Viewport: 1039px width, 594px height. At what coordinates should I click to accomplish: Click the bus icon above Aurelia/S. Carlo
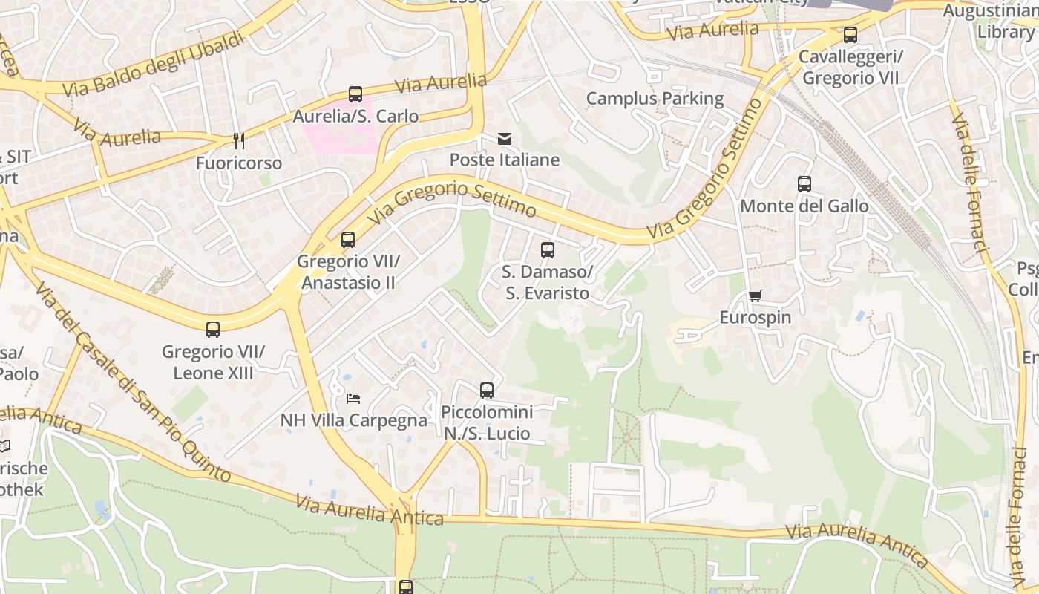pyautogui.click(x=355, y=94)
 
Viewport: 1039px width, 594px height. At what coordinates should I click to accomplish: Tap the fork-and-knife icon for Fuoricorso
pyautogui.click(x=238, y=141)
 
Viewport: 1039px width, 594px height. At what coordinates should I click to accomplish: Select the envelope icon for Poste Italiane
pyautogui.click(x=505, y=139)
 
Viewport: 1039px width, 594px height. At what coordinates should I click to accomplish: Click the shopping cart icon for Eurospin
pyautogui.click(x=756, y=296)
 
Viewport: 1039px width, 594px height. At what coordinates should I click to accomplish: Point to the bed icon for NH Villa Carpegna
pyautogui.click(x=353, y=399)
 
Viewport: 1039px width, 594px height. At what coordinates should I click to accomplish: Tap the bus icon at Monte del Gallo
pyautogui.click(x=804, y=184)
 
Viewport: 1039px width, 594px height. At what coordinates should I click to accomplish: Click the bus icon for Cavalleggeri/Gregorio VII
pyautogui.click(x=850, y=35)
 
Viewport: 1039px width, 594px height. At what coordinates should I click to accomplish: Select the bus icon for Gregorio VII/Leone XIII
pyautogui.click(x=213, y=330)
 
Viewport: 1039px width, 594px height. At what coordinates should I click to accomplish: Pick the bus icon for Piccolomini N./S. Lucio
pyautogui.click(x=487, y=391)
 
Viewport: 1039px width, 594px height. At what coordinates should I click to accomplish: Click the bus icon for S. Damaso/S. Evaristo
pyautogui.click(x=548, y=250)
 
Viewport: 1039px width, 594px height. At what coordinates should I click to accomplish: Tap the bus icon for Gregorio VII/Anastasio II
pyautogui.click(x=348, y=240)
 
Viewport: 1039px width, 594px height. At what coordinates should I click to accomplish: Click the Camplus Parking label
pyautogui.click(x=655, y=99)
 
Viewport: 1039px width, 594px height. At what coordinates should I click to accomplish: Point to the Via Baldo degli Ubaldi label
pyautogui.click(x=153, y=65)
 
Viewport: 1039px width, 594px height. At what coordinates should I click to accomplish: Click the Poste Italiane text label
pyautogui.click(x=505, y=160)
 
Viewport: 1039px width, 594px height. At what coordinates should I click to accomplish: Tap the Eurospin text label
pyautogui.click(x=756, y=318)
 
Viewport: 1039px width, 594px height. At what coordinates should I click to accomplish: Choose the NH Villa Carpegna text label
pyautogui.click(x=354, y=421)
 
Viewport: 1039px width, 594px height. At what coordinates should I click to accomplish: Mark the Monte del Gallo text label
pyautogui.click(x=804, y=206)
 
